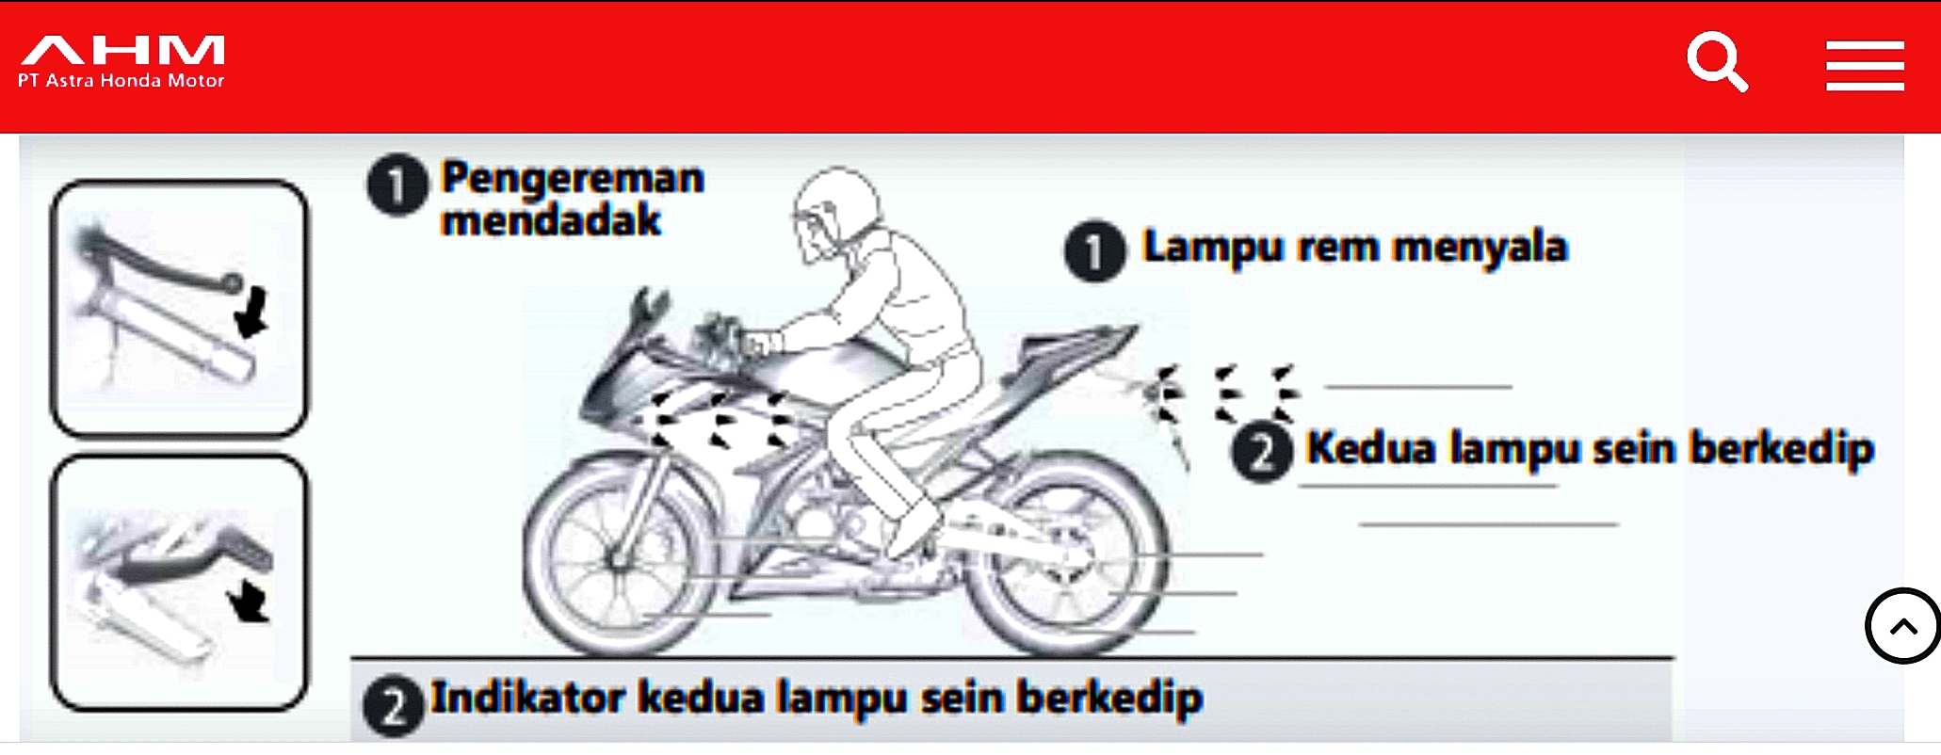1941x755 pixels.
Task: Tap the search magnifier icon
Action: click(x=1716, y=61)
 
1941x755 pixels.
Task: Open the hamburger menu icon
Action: click(x=1865, y=66)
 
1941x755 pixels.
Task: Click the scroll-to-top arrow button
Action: click(x=1902, y=626)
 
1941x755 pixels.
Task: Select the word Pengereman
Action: click(x=573, y=178)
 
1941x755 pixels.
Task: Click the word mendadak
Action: click(x=551, y=221)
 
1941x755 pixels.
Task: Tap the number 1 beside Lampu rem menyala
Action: click(x=1094, y=252)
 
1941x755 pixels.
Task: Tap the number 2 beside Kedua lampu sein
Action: click(x=1262, y=452)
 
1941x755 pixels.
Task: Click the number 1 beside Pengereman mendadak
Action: click(x=396, y=185)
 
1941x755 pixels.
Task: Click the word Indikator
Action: click(x=527, y=698)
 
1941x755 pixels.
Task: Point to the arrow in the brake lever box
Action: click(x=251, y=313)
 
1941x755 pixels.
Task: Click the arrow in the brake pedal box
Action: click(x=250, y=601)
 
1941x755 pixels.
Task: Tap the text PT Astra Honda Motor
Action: click(x=121, y=81)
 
